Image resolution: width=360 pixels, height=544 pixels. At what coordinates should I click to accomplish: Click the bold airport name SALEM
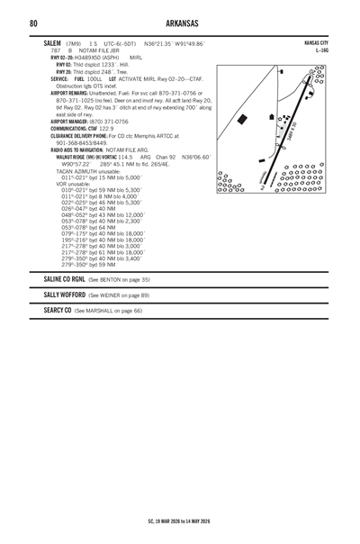point(52,43)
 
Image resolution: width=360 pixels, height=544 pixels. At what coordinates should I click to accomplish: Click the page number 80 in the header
point(32,23)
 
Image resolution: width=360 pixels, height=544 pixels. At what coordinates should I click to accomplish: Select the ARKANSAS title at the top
point(180,23)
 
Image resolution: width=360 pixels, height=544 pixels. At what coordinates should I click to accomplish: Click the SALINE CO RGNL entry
point(63,280)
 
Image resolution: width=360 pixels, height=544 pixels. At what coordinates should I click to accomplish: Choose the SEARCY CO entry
point(58,310)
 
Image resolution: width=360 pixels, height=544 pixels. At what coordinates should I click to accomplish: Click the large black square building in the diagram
point(247,122)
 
